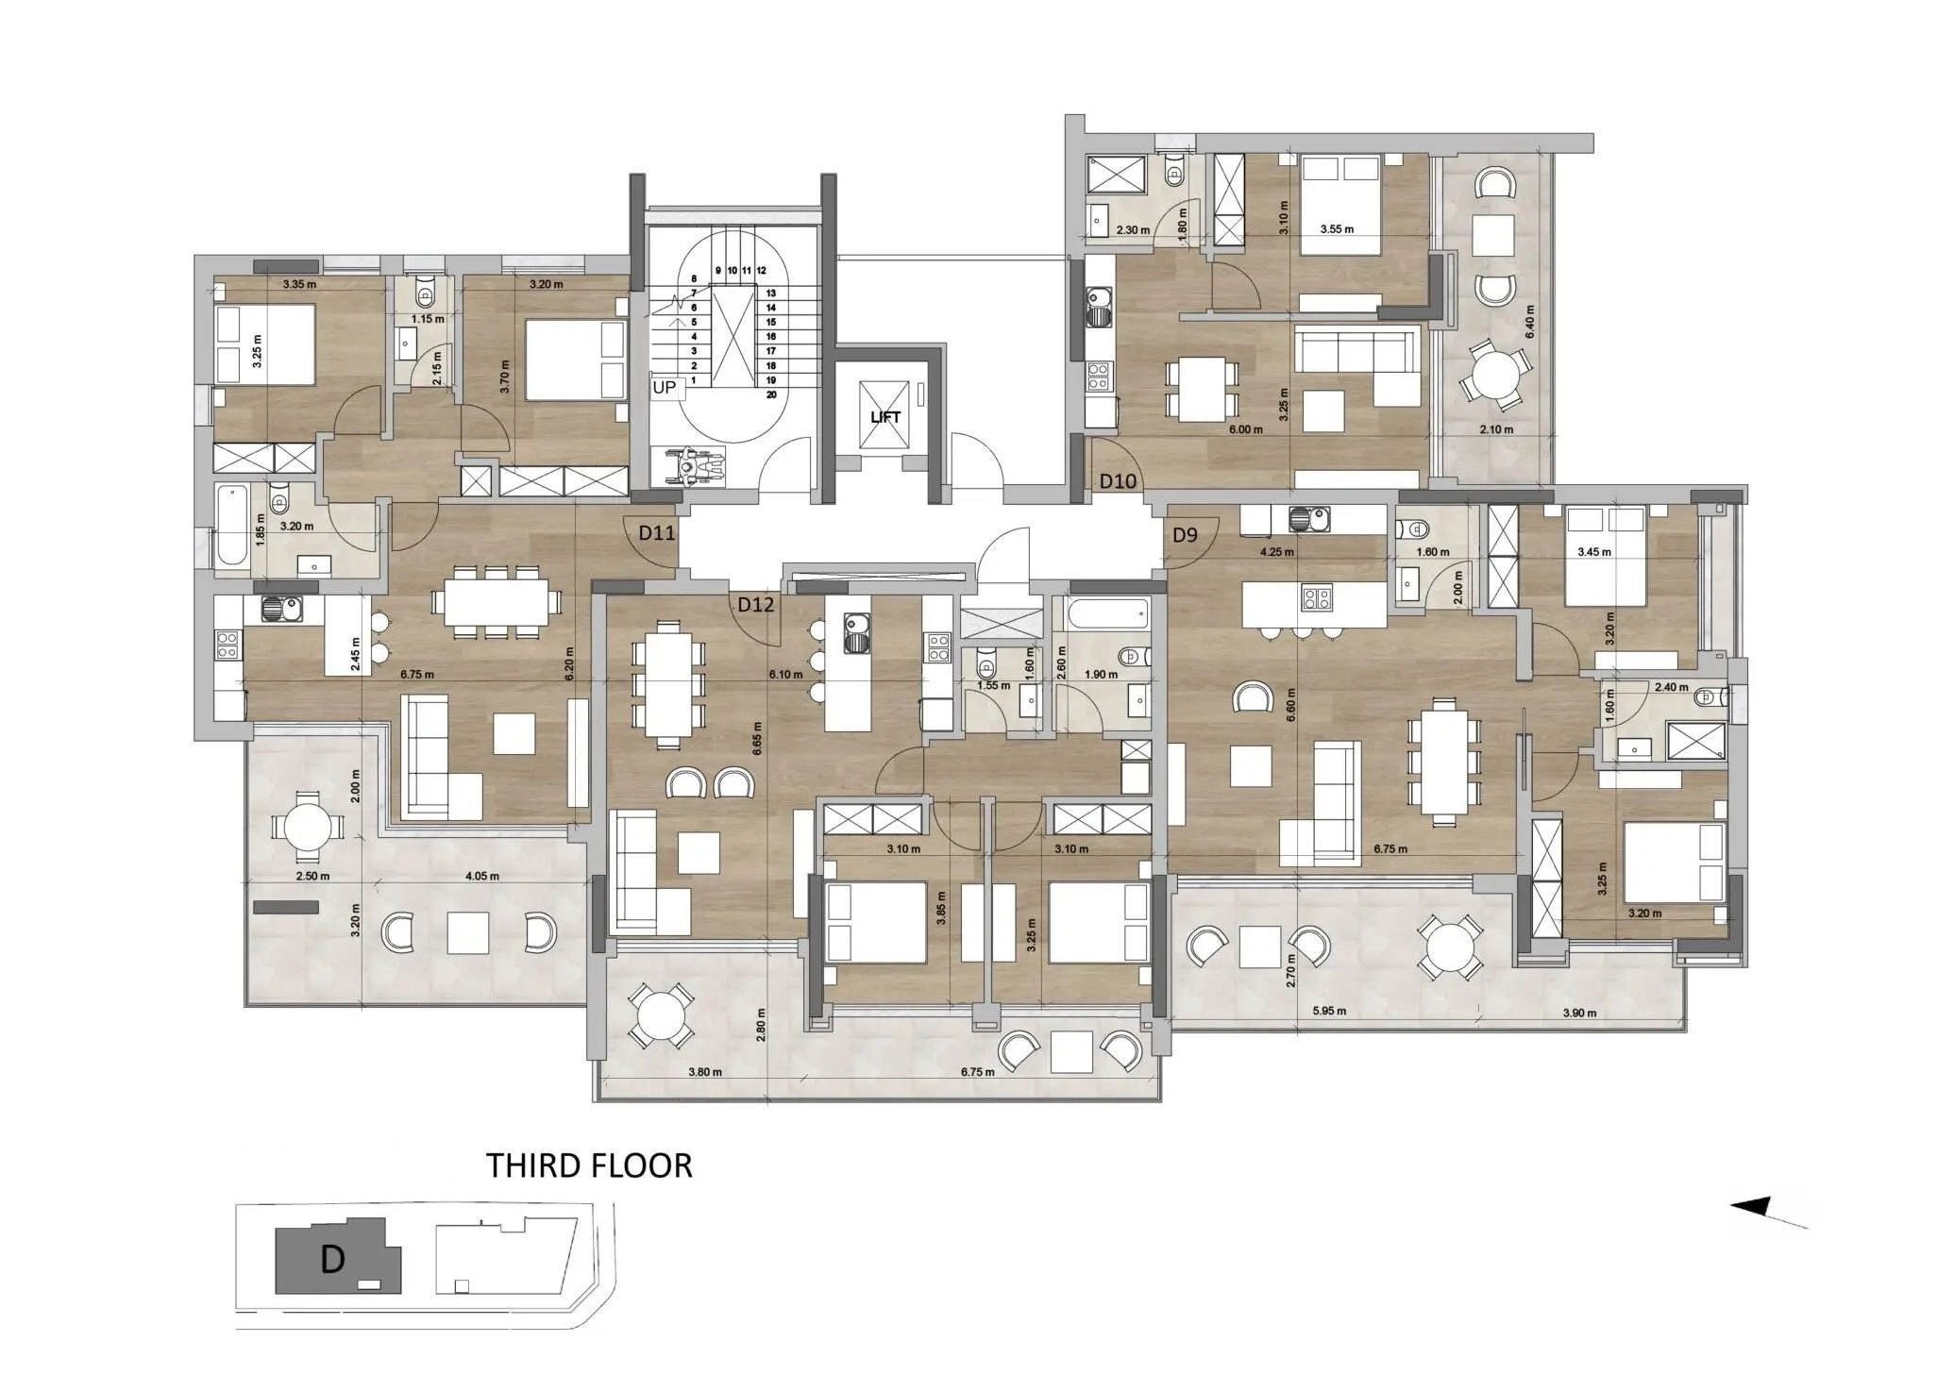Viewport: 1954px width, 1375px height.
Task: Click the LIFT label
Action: click(x=884, y=416)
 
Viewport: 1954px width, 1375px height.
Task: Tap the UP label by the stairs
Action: click(x=665, y=387)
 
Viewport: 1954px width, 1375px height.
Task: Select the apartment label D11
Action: click(x=657, y=532)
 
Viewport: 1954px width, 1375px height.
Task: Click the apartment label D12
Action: click(x=756, y=605)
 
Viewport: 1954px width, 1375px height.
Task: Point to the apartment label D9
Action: click(x=1185, y=535)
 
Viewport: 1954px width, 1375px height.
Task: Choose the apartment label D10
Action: click(x=1119, y=481)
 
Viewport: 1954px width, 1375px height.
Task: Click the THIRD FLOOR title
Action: click(x=589, y=1165)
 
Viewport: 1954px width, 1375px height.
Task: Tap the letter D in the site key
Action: click(x=331, y=1259)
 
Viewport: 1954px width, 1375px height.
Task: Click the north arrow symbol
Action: click(x=1769, y=1214)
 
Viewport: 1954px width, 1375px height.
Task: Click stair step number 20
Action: click(x=771, y=394)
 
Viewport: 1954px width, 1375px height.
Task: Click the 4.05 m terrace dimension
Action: click(x=482, y=876)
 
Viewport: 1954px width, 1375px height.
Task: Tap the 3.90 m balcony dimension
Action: click(x=1578, y=1014)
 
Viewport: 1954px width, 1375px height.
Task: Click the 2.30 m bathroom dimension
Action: click(x=1133, y=229)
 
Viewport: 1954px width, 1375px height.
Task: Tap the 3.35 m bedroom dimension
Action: click(x=298, y=284)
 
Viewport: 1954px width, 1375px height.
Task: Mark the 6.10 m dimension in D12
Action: click(x=785, y=675)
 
